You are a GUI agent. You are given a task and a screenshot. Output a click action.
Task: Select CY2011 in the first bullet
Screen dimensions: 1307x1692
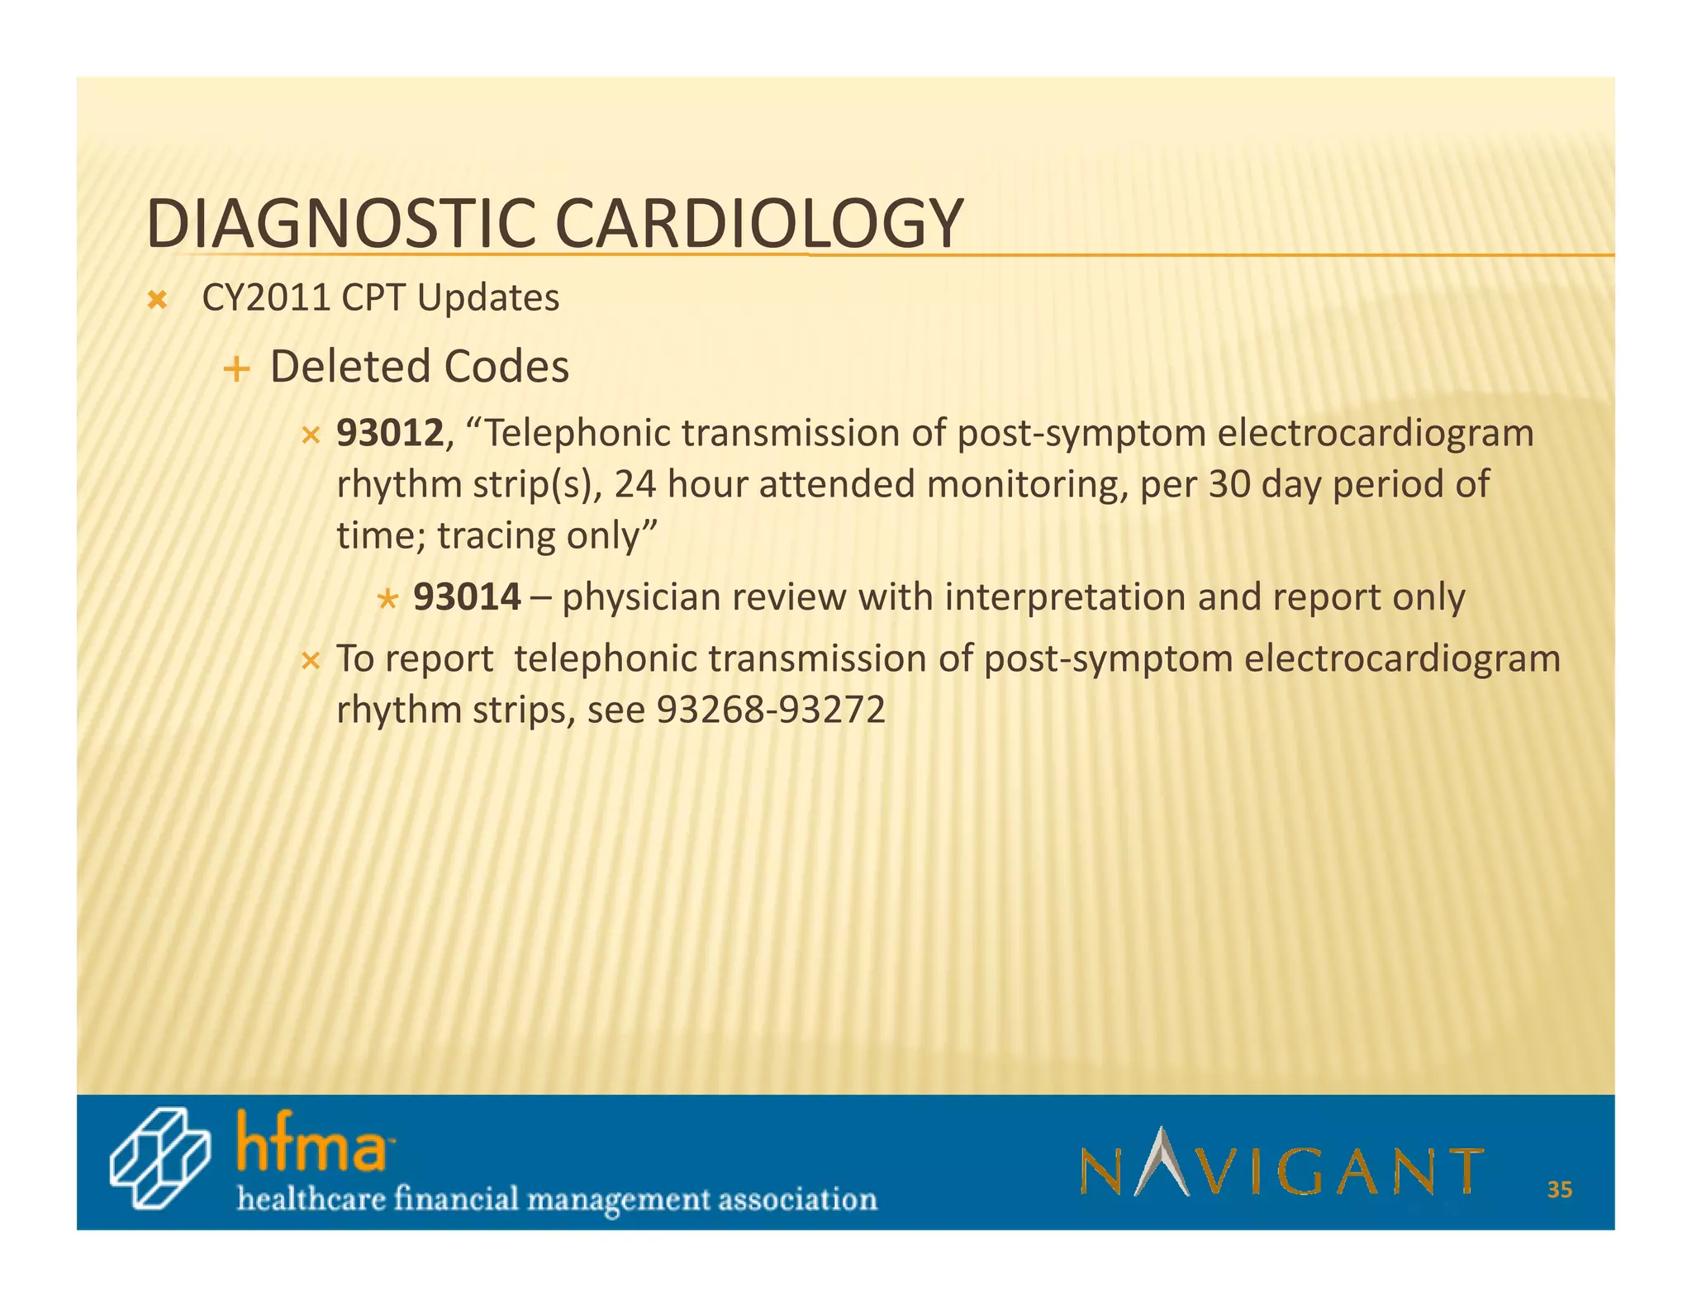266,298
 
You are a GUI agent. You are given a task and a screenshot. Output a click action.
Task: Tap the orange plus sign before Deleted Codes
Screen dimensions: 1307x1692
236,368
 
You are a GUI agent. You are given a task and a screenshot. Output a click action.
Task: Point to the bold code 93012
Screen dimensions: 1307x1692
390,434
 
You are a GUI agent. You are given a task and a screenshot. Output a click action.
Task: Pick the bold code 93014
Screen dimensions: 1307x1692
467,596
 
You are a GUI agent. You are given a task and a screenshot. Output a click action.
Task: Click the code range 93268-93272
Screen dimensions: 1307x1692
770,710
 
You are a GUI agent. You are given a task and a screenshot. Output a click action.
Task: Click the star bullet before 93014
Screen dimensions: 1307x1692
387,598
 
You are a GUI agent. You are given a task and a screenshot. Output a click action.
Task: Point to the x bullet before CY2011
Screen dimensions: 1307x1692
156,300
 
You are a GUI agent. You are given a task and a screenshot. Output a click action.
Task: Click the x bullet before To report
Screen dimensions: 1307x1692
311,661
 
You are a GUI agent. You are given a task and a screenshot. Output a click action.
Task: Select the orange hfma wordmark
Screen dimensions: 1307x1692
311,1143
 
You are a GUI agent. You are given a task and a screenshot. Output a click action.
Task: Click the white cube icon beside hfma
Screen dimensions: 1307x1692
159,1159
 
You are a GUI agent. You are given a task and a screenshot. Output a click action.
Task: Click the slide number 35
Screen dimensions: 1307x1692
1560,1190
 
